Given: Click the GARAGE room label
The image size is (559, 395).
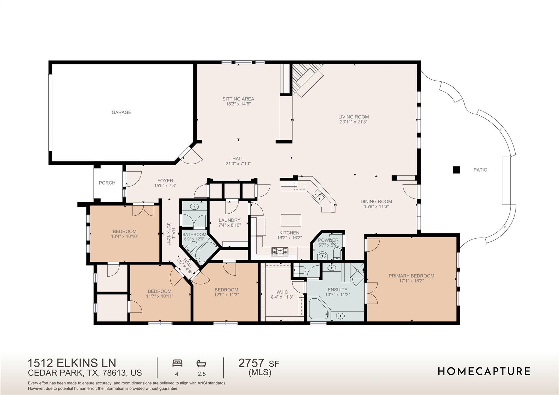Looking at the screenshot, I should click(121, 112).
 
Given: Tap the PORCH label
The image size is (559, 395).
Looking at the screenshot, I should click(107, 183).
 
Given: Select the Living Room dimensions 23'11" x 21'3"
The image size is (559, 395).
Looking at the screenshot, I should click(353, 122).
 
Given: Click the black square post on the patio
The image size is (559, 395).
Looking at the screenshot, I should click(456, 170).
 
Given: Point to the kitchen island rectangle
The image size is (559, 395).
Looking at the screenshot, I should click(291, 220).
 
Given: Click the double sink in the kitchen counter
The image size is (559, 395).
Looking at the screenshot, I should click(317, 195).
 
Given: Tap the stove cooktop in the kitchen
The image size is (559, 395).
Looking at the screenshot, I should click(279, 252).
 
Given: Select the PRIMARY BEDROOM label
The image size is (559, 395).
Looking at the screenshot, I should click(411, 276).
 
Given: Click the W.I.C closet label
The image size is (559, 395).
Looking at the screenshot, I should click(282, 292).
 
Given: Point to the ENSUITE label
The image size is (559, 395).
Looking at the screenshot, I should click(337, 290).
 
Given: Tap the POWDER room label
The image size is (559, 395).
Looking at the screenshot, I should click(328, 240).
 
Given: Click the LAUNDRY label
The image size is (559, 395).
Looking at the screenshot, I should click(230, 220).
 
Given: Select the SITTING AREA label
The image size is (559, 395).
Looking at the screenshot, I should click(238, 99).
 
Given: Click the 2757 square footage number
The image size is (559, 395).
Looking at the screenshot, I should click(251, 363).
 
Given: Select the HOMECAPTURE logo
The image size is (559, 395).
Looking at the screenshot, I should click(484, 371).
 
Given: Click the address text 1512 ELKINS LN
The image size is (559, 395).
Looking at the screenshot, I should click(72, 363).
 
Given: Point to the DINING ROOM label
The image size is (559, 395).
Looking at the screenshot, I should click(376, 201).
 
